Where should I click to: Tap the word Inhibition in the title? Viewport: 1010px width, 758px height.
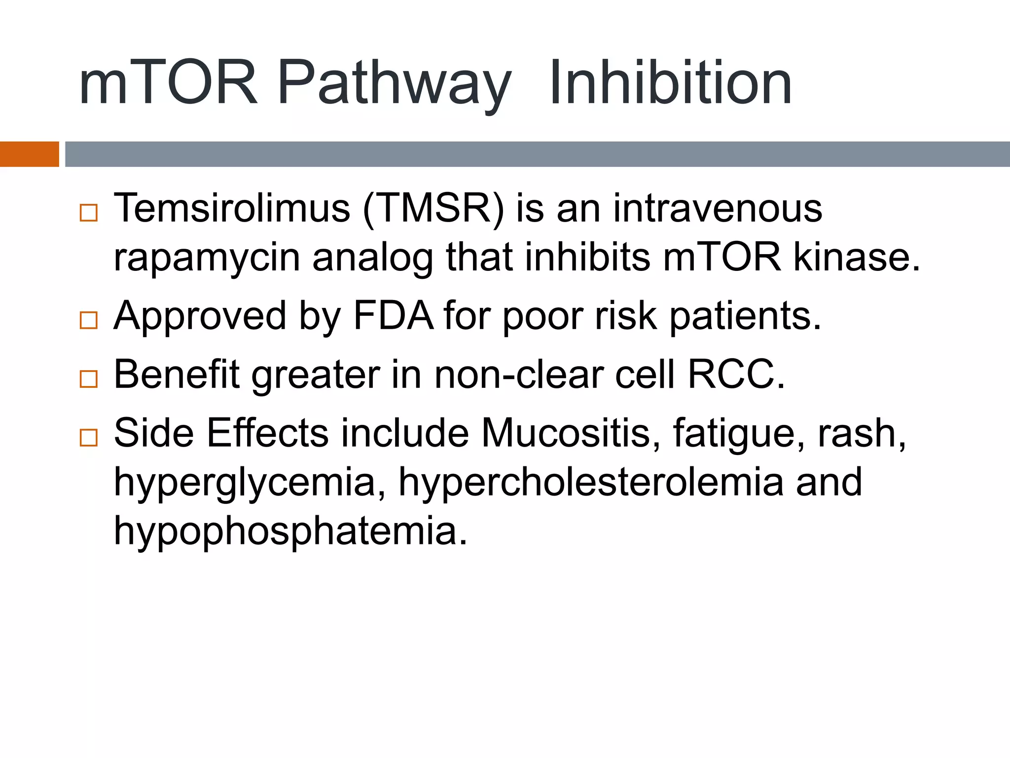click(671, 83)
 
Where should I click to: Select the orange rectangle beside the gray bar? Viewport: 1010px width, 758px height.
click(29, 154)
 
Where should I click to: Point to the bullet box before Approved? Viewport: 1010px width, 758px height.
click(89, 320)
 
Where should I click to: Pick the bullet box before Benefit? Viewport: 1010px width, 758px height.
click(89, 379)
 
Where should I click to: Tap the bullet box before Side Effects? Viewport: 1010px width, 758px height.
click(89, 437)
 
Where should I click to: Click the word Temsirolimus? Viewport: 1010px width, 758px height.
click(232, 208)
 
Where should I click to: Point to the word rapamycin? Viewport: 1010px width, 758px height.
click(207, 259)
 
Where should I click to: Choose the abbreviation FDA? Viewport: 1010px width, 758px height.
click(394, 316)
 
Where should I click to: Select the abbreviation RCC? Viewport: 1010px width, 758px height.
click(735, 375)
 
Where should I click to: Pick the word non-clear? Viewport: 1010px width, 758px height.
click(518, 375)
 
